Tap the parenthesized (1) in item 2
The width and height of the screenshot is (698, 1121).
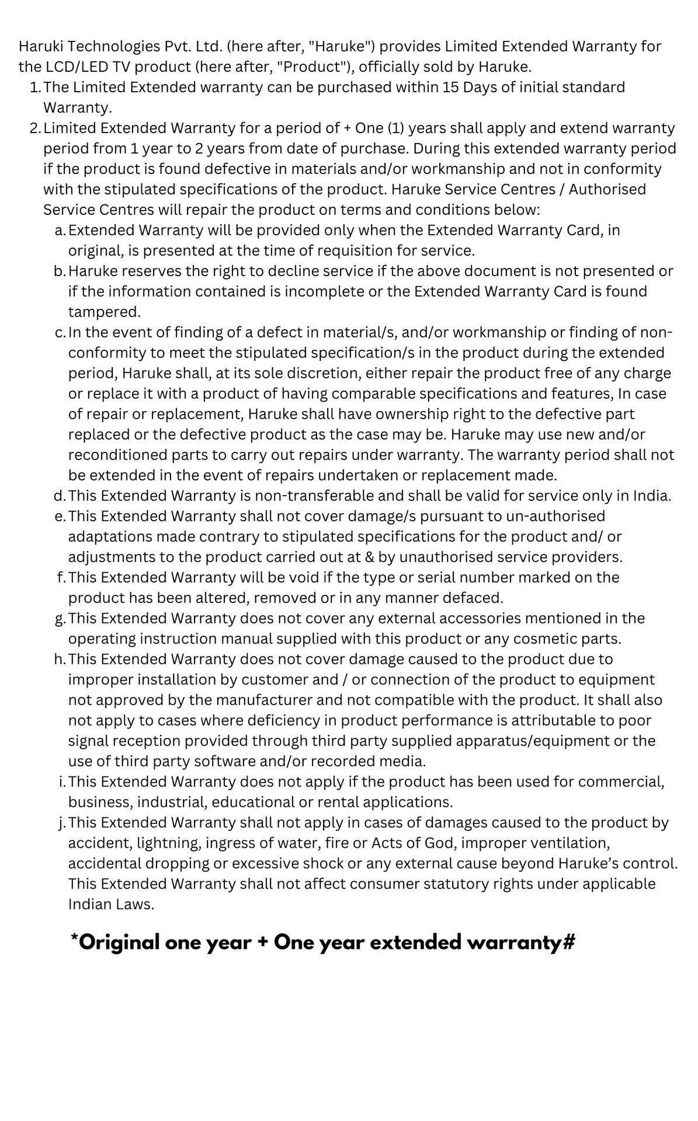point(397,128)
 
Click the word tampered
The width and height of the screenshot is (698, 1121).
point(104,312)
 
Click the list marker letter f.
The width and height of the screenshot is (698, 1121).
point(61,577)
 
